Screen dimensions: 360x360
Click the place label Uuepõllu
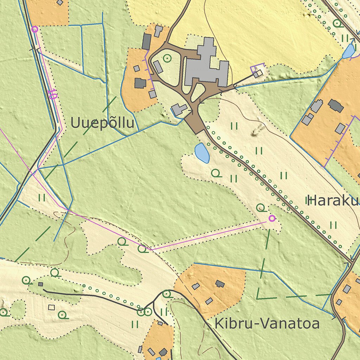[x=103, y=123]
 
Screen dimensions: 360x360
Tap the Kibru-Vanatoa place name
[x=267, y=323]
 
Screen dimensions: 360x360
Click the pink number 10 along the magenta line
[x=53, y=94]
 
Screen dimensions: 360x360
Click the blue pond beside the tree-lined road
[x=202, y=153]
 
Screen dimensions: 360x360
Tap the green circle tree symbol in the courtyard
[x=167, y=58]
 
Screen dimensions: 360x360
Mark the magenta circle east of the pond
[x=272, y=218]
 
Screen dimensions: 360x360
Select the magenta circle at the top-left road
[x=34, y=29]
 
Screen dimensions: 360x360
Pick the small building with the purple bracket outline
[x=258, y=73]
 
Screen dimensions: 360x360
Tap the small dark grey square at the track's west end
[x=41, y=284]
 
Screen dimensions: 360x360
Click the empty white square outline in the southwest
[x=52, y=307]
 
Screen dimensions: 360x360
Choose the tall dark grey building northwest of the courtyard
[x=147, y=41]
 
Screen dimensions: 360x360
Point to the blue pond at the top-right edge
[x=349, y=51]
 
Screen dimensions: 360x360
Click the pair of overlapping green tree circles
[x=144, y=312]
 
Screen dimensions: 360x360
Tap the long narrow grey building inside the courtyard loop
[x=158, y=67]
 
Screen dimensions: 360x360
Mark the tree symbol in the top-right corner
[x=337, y=24]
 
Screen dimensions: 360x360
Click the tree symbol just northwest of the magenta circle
[x=261, y=207]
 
